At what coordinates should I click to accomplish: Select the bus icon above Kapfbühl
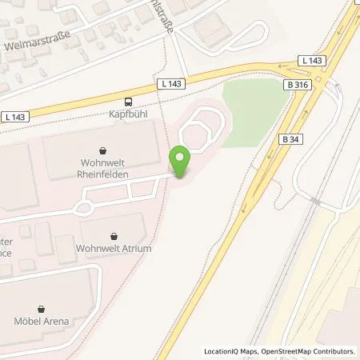pos(127,102)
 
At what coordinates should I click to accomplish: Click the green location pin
pos(182,163)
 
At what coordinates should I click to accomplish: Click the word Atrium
pos(134,247)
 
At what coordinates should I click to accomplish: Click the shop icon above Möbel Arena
pos(41,307)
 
